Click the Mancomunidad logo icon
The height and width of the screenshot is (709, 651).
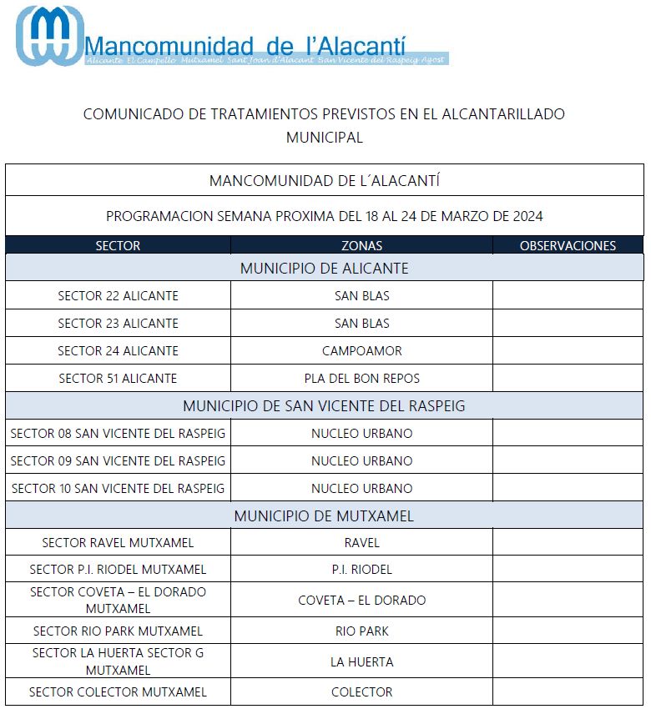49,35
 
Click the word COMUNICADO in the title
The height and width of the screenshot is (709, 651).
133,114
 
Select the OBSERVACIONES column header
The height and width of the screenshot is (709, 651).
568,245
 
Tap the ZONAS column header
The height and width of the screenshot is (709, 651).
361,245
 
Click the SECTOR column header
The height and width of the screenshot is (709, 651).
118,245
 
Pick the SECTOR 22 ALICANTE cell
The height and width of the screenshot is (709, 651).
118,295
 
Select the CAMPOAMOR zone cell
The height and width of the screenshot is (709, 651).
361,350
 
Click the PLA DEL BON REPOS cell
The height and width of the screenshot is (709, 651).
361,378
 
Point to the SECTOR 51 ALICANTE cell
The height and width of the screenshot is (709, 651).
118,378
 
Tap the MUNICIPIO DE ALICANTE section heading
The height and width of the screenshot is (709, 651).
324,268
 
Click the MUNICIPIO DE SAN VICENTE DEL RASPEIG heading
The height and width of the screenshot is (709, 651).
324,406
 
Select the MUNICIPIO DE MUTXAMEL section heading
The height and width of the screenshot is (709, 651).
324,515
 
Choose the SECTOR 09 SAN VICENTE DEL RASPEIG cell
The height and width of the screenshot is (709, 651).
118,460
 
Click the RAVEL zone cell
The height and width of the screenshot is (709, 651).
361,542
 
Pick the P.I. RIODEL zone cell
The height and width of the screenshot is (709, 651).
361,570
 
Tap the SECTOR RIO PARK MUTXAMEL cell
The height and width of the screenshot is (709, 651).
118,631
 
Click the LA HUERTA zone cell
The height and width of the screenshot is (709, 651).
361,661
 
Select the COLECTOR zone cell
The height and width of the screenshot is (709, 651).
361,691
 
